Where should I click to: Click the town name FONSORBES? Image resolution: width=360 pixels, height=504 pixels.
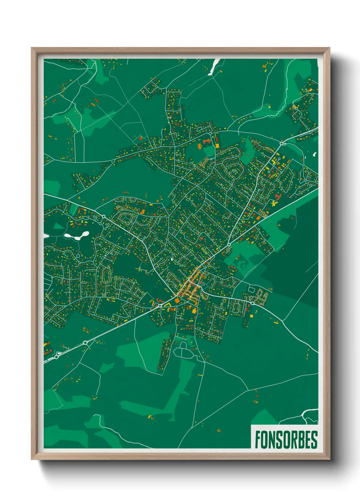click(x=286, y=440)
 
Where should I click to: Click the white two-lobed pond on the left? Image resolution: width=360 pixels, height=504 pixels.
click(x=77, y=236)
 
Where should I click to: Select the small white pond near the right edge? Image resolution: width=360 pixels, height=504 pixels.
click(x=315, y=154)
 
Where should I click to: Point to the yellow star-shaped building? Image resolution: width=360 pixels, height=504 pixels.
click(x=273, y=203)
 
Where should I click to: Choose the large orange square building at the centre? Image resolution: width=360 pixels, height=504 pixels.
click(x=177, y=300)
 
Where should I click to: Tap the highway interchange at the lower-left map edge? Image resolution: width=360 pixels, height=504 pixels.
click(x=54, y=357)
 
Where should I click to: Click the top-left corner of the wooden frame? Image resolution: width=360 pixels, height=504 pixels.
click(x=32, y=49)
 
